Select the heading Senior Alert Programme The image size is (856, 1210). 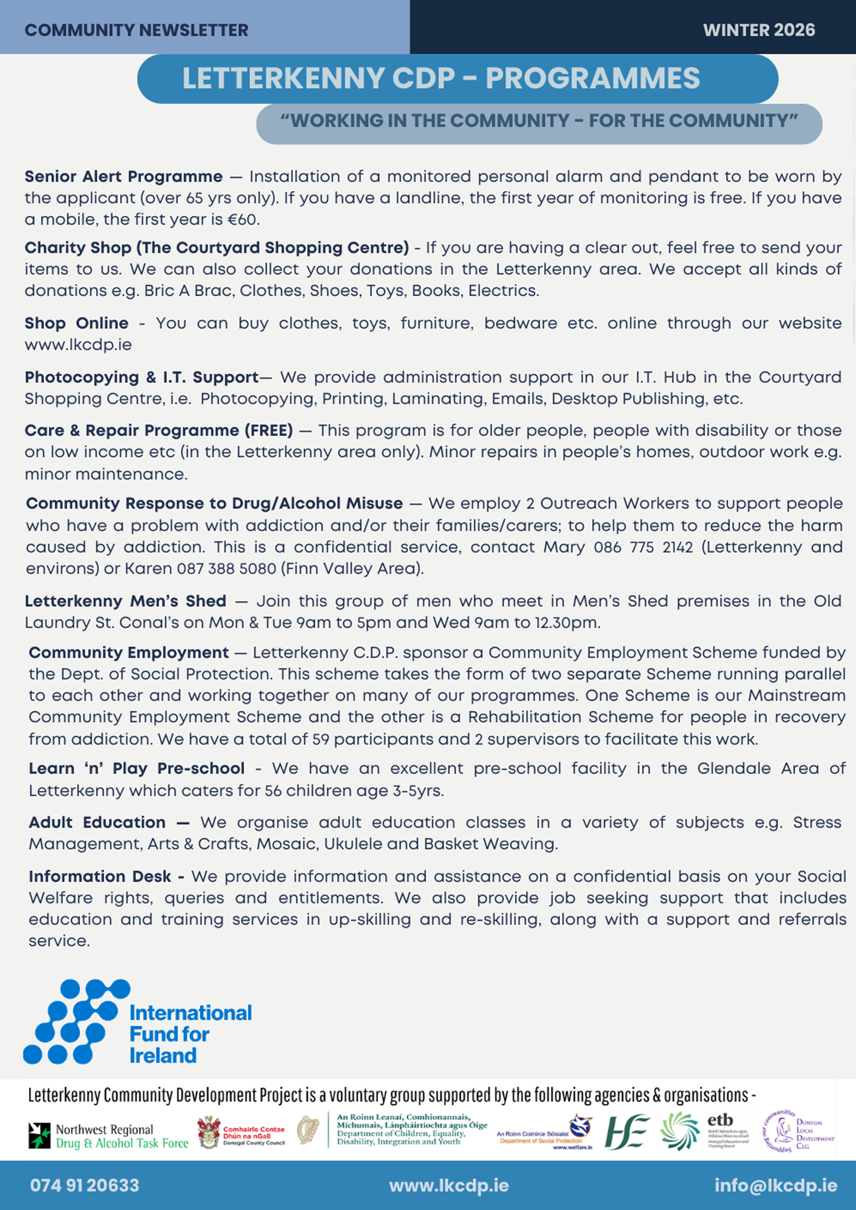[x=124, y=177]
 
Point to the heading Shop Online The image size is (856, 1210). [x=77, y=323]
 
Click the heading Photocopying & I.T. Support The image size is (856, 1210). [x=142, y=377]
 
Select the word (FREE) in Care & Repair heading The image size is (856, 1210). [x=269, y=430]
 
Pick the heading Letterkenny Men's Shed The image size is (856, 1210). [x=126, y=601]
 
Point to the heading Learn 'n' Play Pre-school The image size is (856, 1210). [x=137, y=769]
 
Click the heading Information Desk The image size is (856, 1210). [x=100, y=876]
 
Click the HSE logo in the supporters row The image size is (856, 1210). [x=626, y=1131]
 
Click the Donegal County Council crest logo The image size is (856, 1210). [x=209, y=1132]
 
